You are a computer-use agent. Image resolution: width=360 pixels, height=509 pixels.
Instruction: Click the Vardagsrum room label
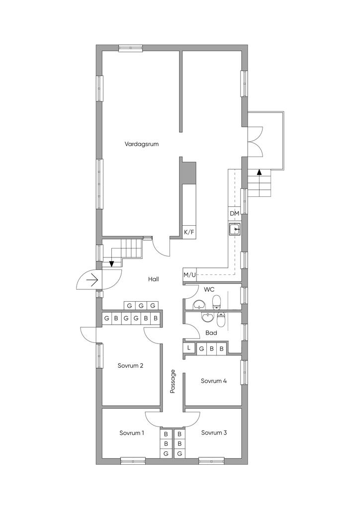[x=142, y=144]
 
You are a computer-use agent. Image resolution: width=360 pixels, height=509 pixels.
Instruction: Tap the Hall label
[x=154, y=279]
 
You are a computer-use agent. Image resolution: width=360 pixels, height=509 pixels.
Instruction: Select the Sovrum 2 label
[x=130, y=365]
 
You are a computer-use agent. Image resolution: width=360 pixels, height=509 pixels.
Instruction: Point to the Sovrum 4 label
[x=214, y=381]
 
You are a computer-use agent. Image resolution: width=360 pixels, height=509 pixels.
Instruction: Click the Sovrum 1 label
[x=132, y=433]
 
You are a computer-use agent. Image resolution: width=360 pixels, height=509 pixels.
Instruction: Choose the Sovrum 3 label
[x=214, y=433]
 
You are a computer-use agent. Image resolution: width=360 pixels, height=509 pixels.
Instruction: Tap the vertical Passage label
[x=173, y=381]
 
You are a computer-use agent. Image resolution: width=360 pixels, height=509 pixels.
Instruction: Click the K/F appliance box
[x=189, y=232]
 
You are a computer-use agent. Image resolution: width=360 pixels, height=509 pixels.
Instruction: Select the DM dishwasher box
[x=234, y=214]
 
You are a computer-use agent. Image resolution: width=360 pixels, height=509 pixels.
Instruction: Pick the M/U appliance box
[x=189, y=275]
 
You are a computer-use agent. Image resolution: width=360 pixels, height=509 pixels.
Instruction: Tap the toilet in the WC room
[x=216, y=302]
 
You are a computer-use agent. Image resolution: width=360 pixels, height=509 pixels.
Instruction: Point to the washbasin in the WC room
[x=199, y=305]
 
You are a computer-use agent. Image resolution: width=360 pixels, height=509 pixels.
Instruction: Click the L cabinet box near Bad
[x=189, y=348]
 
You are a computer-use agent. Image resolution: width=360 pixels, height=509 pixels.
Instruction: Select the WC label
[x=209, y=289]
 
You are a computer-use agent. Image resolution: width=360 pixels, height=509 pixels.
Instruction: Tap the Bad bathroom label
[x=211, y=333]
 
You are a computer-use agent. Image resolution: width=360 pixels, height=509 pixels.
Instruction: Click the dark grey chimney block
[x=188, y=173]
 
